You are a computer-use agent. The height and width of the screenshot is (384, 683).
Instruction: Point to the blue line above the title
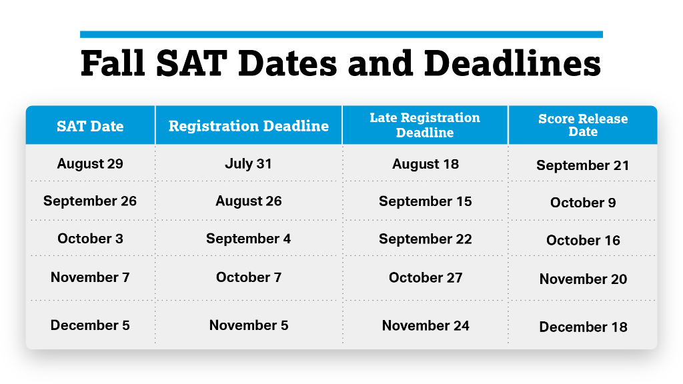341,34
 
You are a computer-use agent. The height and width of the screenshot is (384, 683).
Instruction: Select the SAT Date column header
90,126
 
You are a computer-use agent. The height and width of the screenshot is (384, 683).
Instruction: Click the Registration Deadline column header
248,126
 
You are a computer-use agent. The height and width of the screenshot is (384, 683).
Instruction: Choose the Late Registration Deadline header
425,125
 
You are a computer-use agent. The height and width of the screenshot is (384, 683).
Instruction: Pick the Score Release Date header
583,125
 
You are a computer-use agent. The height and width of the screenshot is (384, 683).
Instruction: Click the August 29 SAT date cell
90,163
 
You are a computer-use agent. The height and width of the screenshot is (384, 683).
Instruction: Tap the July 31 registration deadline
248,163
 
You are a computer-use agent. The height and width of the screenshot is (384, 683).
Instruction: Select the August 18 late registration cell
425,164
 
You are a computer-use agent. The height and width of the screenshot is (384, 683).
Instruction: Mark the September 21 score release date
583,165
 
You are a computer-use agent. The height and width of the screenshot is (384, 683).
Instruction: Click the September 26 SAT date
90,201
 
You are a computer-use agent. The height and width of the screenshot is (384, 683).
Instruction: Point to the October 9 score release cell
583,203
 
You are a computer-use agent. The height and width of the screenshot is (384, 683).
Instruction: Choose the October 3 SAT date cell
90,238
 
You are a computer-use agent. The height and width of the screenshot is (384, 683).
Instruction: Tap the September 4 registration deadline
248,238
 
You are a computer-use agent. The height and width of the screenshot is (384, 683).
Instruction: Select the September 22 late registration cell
425,239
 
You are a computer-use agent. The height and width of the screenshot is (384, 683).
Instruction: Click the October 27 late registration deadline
425,277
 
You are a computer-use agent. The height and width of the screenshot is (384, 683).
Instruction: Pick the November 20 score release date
583,279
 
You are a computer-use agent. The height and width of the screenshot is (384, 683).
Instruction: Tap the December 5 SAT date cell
90,325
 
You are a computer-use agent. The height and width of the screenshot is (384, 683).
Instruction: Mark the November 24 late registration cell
425,325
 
